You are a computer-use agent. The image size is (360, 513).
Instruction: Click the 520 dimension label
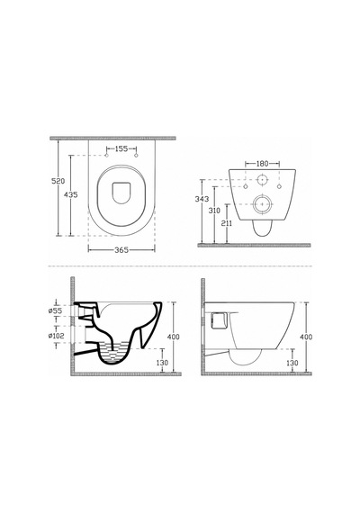pyautogui.click(x=58, y=181)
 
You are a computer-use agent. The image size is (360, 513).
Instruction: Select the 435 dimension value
pyautogui.click(x=71, y=194)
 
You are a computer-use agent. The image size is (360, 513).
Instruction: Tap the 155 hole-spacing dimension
pyautogui.click(x=121, y=148)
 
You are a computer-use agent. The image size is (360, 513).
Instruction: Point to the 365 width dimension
pyautogui.click(x=121, y=250)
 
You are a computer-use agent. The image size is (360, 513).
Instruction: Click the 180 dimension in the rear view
pyautogui.click(x=262, y=163)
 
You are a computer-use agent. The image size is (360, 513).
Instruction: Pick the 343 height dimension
pyautogui.click(x=202, y=199)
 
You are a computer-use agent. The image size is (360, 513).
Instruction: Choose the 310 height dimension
pyautogui.click(x=214, y=211)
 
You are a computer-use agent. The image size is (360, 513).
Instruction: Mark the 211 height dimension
pyautogui.click(x=227, y=223)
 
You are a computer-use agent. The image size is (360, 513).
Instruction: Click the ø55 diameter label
pyautogui.click(x=55, y=310)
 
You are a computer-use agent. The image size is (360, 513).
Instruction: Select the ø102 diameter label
pyautogui.click(x=57, y=336)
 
